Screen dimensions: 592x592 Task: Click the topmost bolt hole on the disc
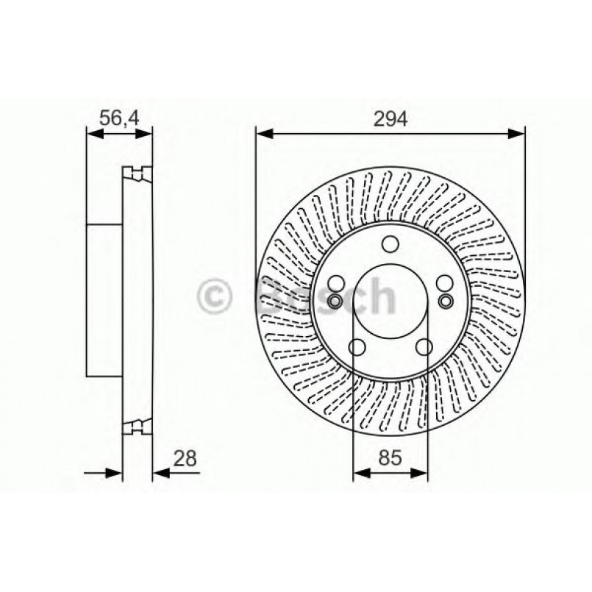point(390,245)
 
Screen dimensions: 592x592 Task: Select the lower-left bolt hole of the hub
point(357,346)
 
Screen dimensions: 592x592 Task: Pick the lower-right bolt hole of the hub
point(424,346)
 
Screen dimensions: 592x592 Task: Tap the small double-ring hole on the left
point(335,301)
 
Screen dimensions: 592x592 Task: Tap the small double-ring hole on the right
point(446,301)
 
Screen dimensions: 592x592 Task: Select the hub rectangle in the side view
point(104,300)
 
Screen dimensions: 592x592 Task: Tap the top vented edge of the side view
point(137,174)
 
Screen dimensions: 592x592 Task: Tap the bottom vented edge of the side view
point(137,426)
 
